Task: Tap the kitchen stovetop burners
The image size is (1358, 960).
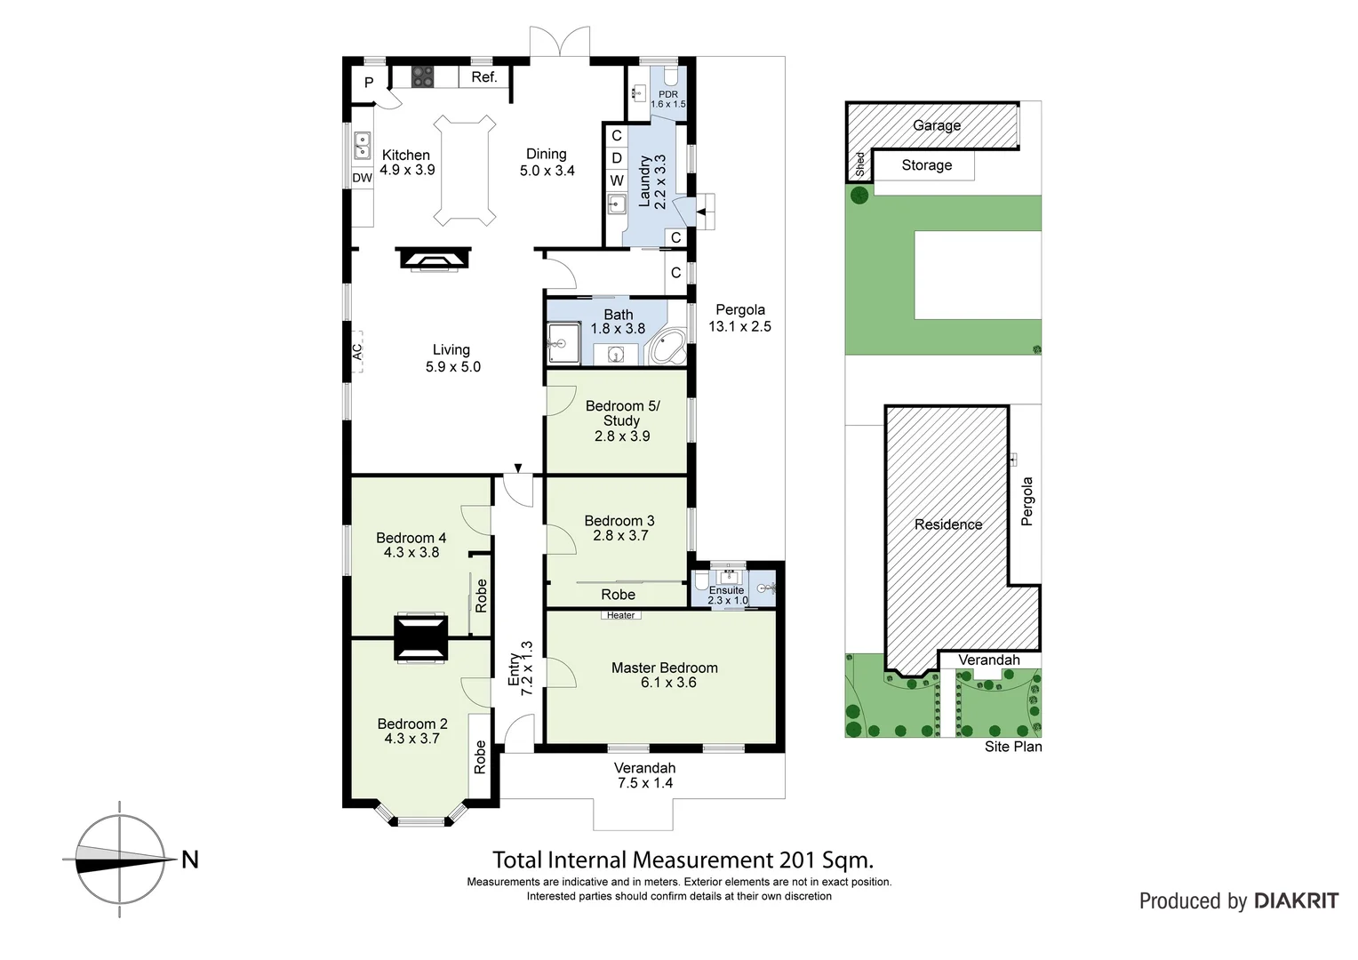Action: tap(423, 77)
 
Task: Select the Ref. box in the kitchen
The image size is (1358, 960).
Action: tap(483, 77)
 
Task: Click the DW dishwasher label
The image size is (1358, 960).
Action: tap(362, 178)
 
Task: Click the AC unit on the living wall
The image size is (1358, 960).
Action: tap(357, 352)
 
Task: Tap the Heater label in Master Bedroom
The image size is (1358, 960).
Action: tap(620, 615)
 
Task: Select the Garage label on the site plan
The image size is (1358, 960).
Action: tap(937, 125)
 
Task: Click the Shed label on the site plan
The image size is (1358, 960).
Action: tap(859, 164)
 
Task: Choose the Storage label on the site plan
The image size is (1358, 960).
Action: tap(926, 165)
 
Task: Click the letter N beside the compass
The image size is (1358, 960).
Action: tap(189, 860)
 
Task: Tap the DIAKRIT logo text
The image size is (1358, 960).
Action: tap(1297, 900)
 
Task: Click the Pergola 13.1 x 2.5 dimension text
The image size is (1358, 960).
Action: tap(739, 326)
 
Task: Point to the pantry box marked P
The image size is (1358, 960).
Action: tap(369, 83)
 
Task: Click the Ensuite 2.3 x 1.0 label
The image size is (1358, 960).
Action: tap(727, 595)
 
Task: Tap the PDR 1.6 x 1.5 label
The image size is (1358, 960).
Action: tap(668, 99)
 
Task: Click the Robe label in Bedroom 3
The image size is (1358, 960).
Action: tap(618, 595)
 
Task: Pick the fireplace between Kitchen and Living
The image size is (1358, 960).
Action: tap(432, 259)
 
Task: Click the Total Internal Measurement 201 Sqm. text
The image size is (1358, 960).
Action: tap(683, 860)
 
